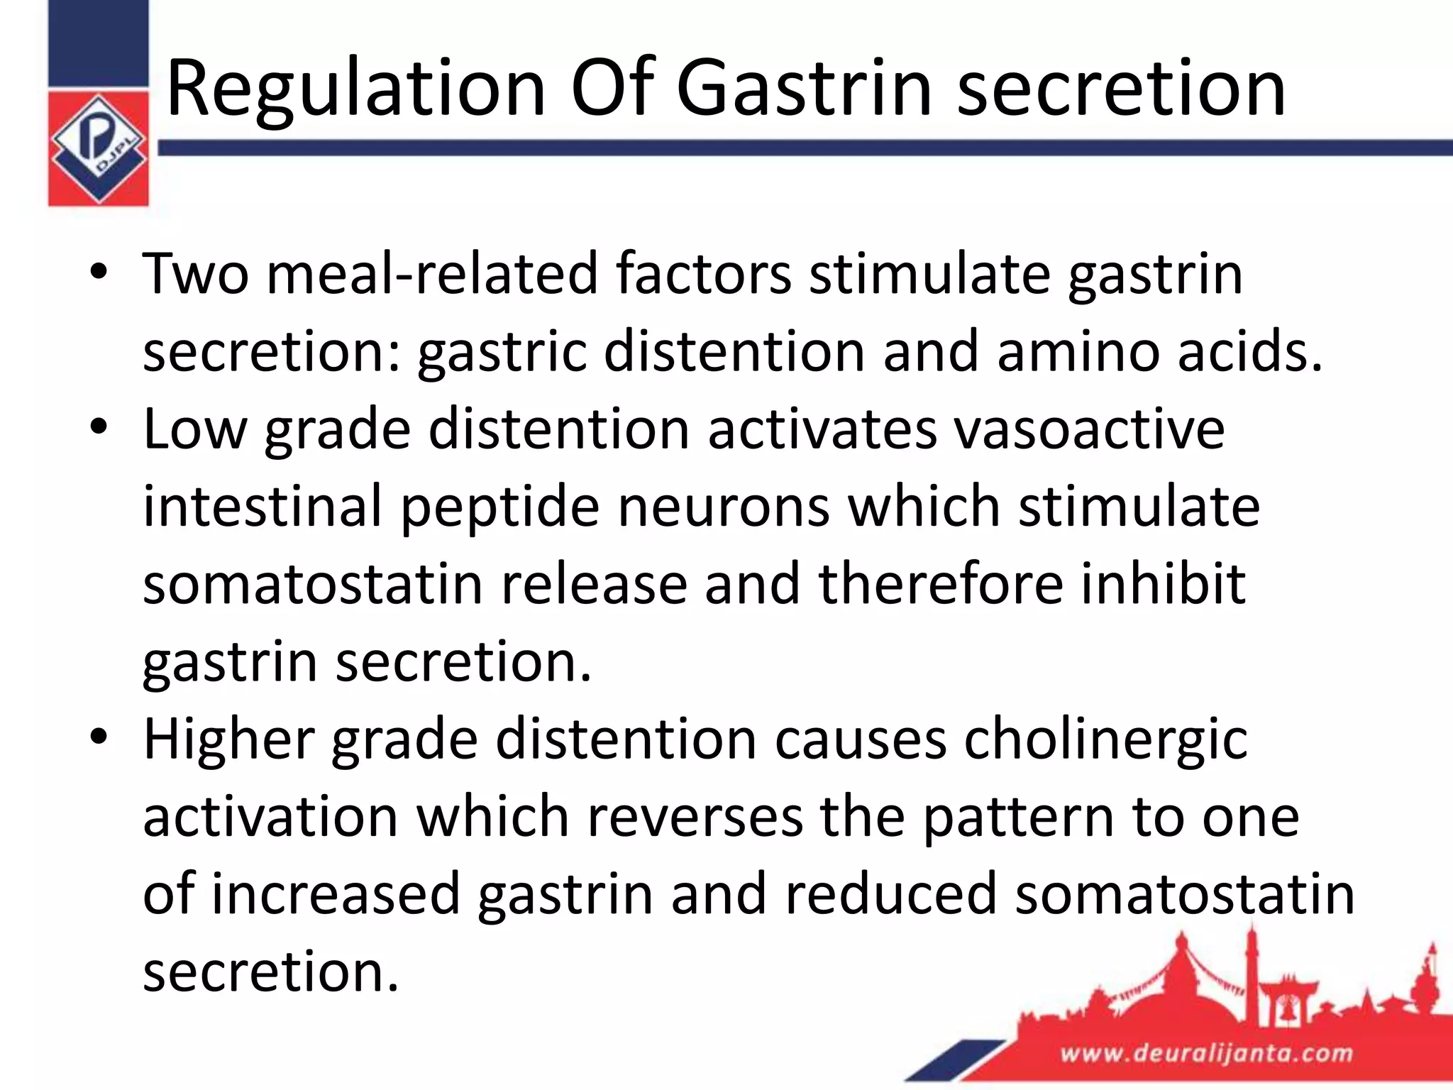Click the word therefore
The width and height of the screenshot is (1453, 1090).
tap(940, 583)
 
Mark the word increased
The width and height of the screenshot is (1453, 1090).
tap(336, 893)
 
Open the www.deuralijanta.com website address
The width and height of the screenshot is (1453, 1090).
tap(1206, 1052)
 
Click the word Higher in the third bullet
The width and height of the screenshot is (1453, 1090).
tap(228, 739)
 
